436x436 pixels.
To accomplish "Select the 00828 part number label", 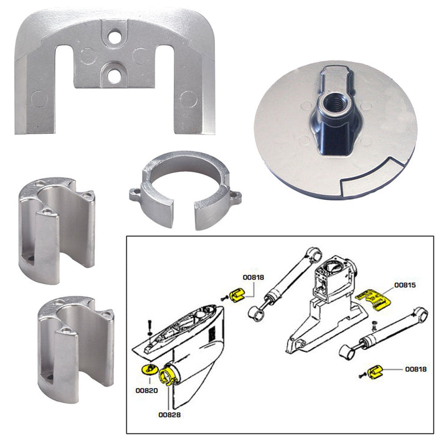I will click(x=168, y=413).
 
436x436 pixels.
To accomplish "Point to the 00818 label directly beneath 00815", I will click(x=415, y=369).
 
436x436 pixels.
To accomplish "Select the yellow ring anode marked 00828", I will click(x=168, y=376).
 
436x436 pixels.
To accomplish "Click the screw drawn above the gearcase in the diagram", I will click(x=150, y=325).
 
